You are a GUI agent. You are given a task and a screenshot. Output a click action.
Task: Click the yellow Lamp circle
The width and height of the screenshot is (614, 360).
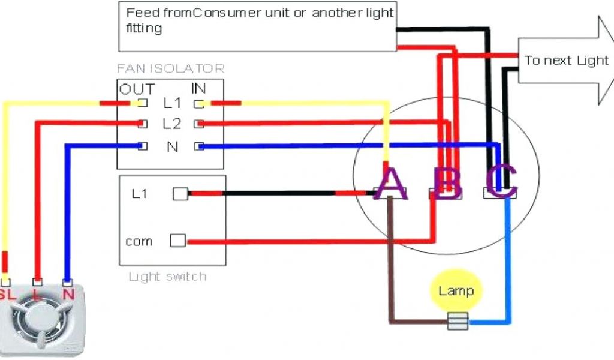click(456, 291)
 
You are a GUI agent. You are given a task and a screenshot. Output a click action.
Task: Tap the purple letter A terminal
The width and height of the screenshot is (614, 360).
click(391, 183)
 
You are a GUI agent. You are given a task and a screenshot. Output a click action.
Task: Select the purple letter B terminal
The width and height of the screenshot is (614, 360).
click(447, 183)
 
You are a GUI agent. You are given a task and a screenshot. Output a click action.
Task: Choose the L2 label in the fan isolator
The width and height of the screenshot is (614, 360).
click(171, 124)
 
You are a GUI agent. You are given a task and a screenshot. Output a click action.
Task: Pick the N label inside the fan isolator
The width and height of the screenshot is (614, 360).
click(172, 146)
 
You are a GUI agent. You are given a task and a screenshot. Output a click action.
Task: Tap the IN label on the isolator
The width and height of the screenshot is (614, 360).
click(198, 89)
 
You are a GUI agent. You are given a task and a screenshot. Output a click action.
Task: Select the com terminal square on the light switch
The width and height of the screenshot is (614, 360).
click(177, 241)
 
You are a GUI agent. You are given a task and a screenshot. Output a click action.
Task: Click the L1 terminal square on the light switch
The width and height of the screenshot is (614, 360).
click(180, 194)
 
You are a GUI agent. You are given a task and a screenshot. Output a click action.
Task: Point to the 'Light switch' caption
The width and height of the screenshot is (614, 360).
click(167, 277)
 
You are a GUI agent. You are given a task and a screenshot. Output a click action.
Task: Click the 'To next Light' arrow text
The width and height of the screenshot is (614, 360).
click(566, 61)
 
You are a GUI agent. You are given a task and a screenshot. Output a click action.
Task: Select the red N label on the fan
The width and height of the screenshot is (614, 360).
click(68, 294)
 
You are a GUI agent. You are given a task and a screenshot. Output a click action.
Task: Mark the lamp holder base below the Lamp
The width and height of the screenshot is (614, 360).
click(458, 322)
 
